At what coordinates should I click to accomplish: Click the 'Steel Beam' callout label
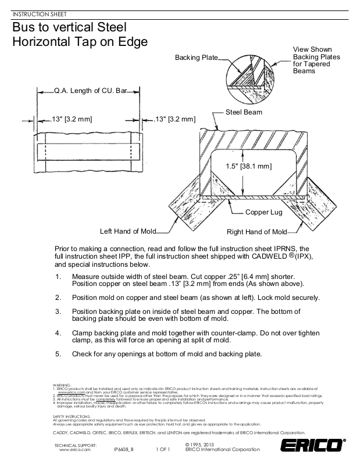pos(244,112)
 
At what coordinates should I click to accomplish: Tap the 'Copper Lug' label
pos(263,212)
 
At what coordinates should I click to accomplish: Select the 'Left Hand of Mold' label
pos(128,231)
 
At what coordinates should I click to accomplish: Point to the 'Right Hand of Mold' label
pos(256,231)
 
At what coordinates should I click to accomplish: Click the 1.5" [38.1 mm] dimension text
pos(249,166)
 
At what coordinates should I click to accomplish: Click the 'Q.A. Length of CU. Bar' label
pos(90,91)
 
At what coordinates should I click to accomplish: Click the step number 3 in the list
pos(58,312)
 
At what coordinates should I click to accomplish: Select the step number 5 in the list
pos(58,353)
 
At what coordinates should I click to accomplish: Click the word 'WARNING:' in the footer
pos(62,385)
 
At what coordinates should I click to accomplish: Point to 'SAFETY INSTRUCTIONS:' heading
pos(71,416)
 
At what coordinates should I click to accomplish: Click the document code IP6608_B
pos(123,450)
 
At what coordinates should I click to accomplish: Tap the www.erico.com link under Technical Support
pos(74,450)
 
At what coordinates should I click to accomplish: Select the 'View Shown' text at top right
pos(312,49)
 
